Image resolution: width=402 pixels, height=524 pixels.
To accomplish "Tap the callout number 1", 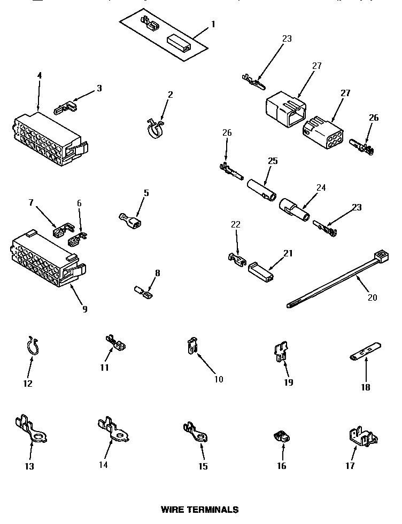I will point(213,24).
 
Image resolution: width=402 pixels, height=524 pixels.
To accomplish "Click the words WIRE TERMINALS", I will point(199,510).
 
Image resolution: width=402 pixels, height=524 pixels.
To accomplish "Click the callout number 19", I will point(288,382).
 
